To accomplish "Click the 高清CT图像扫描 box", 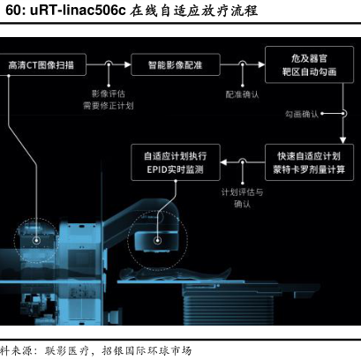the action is click(42, 64).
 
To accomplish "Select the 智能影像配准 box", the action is click(176, 64).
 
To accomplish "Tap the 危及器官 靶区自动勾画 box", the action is click(309, 64).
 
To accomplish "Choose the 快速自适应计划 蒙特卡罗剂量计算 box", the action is click(309, 162).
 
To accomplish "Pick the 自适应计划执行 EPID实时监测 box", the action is click(176, 162).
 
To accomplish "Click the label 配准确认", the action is click(242, 94).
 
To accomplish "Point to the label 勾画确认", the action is click(302, 114).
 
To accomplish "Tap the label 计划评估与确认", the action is click(242, 198).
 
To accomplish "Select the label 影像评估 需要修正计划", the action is click(109, 100).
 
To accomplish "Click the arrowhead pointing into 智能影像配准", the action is click(128, 64).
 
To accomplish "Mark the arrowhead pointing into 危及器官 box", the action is click(261, 64).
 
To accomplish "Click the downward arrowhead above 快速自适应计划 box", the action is click(342, 140).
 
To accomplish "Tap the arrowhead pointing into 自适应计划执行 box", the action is click(223, 162).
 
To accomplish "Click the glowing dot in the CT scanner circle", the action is click(36, 241).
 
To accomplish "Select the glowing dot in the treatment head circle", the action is click(158, 241).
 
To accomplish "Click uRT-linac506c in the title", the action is click(78, 11).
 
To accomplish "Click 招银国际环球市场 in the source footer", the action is click(147, 351).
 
